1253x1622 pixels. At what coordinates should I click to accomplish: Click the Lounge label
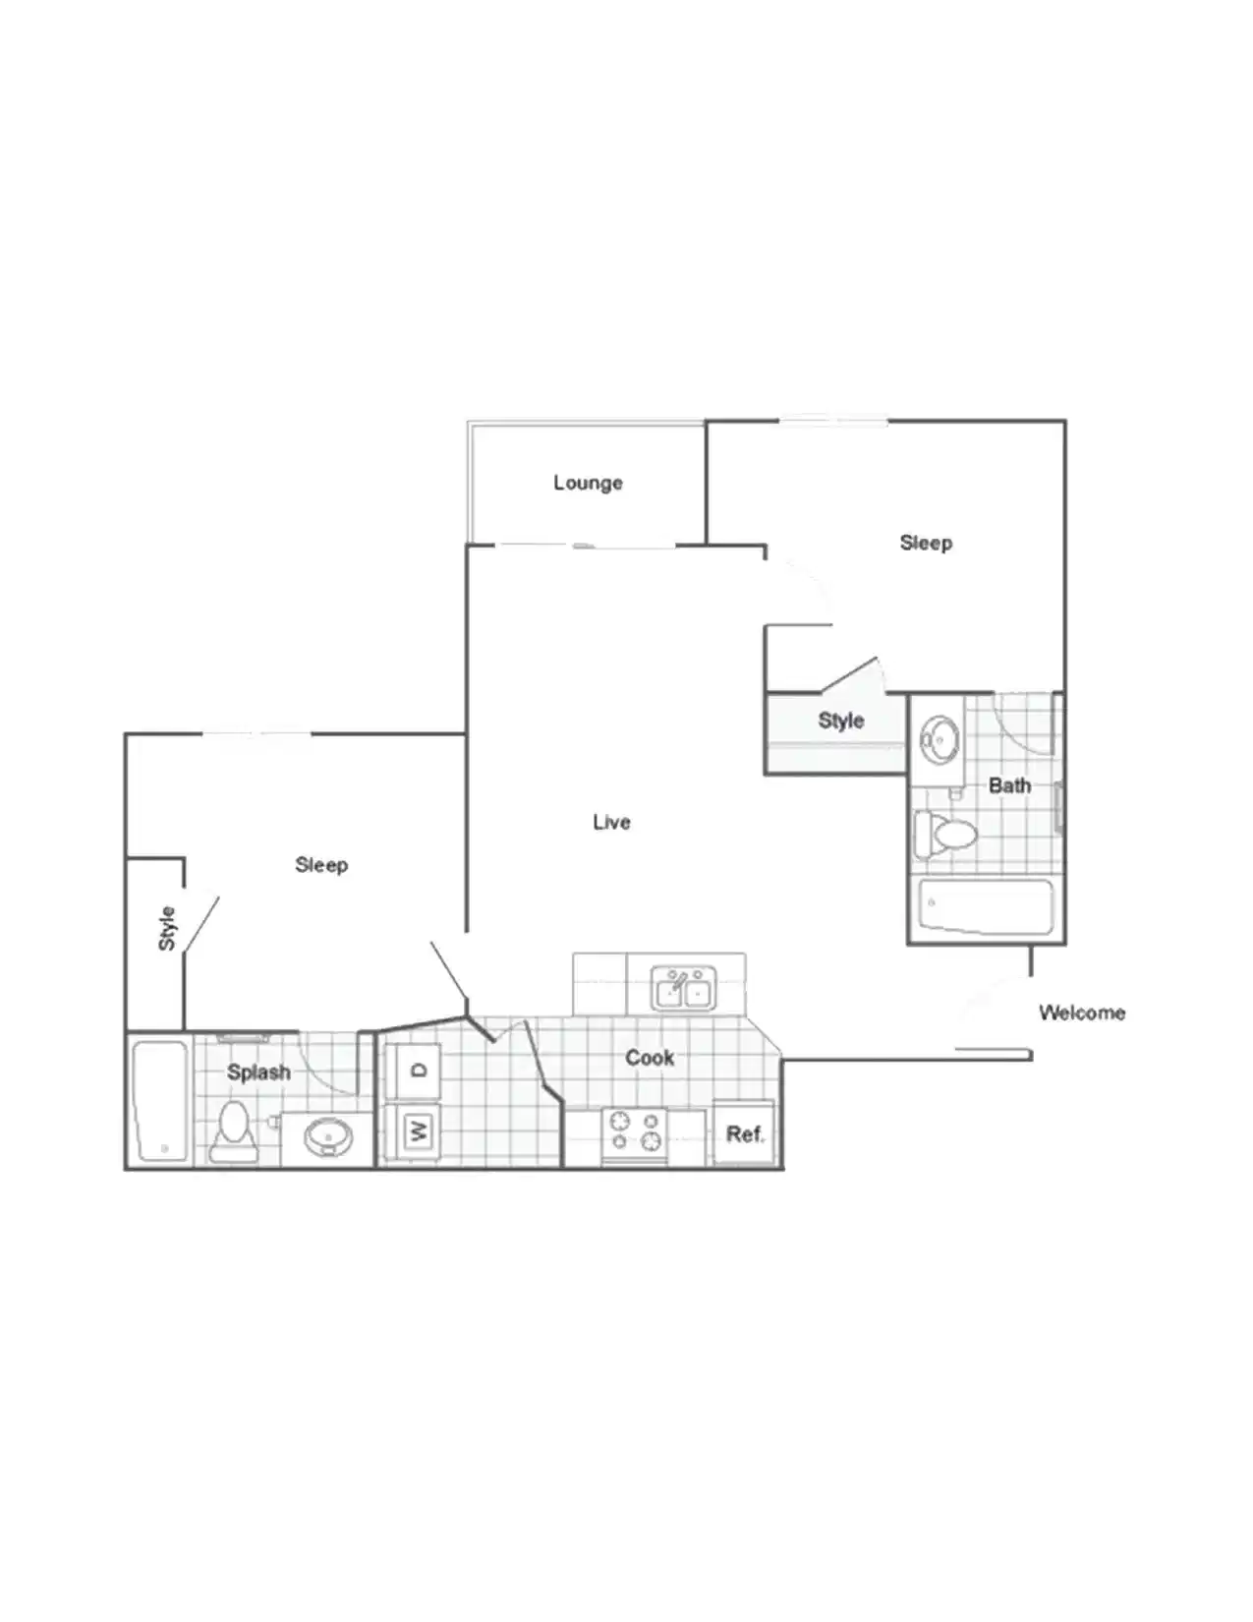click(x=588, y=483)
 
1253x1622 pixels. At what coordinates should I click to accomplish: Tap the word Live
click(x=611, y=822)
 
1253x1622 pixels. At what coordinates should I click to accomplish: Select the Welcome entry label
click(x=1081, y=1013)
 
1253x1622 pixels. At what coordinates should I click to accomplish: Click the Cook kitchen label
click(x=650, y=1058)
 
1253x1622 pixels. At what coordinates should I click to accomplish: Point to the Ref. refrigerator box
click(x=744, y=1133)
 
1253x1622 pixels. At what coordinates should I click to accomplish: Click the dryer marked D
click(x=418, y=1071)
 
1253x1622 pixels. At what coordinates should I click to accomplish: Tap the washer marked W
click(x=418, y=1130)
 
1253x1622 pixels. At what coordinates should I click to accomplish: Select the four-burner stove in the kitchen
click(x=635, y=1131)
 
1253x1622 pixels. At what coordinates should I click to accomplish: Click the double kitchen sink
click(x=684, y=989)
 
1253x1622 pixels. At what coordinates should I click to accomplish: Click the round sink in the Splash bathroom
click(x=327, y=1138)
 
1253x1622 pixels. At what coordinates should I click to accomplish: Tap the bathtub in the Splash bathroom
click(x=159, y=1101)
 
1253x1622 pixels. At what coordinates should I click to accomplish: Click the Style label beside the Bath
click(x=840, y=721)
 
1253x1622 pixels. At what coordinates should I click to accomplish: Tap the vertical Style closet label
click(x=167, y=928)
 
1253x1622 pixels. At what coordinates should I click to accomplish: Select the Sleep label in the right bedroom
click(x=926, y=543)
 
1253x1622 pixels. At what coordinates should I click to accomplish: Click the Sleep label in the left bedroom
click(x=321, y=865)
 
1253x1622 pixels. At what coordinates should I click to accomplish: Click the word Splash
click(x=258, y=1072)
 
